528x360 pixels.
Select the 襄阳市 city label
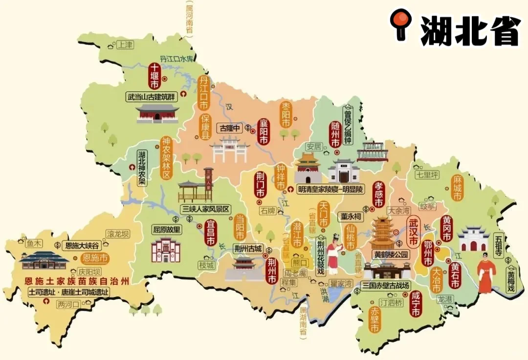point(264,131)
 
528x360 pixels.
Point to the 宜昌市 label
point(211,233)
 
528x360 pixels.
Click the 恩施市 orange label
point(94,258)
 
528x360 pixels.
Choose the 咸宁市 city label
point(416,304)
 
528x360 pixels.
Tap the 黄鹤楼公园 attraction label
point(391,254)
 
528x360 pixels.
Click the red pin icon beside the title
point(400,23)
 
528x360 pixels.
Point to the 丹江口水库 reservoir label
point(177,59)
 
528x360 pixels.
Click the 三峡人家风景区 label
point(205,209)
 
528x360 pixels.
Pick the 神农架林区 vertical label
point(166,157)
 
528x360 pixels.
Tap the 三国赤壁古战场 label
point(385,285)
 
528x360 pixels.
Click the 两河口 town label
point(68,304)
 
